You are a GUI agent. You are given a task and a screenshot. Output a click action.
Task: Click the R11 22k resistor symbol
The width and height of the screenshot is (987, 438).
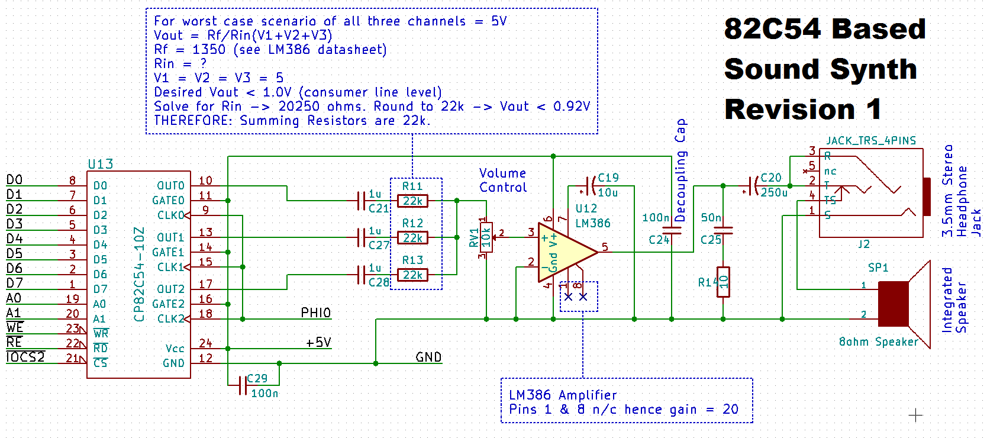tap(412, 201)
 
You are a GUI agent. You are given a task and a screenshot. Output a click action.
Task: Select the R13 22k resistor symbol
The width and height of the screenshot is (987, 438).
tap(412, 275)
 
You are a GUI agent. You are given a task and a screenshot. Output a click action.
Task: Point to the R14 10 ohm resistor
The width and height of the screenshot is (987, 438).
tap(723, 282)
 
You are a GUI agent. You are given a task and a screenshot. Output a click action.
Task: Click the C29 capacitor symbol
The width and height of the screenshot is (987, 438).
tap(242, 386)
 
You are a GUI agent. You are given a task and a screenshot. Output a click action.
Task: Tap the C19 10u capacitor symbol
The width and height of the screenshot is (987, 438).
tap(589, 186)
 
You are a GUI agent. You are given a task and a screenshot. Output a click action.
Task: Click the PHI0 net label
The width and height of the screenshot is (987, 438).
tap(315, 313)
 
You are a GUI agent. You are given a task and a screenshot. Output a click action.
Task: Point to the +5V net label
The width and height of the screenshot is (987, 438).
tap(318, 343)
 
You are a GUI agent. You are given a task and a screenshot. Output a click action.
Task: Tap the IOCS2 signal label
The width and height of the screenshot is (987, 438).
tap(25, 358)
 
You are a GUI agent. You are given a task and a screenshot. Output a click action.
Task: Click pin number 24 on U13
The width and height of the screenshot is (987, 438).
tap(205, 343)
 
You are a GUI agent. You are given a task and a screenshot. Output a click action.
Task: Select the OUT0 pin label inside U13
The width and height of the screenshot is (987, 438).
tap(170, 186)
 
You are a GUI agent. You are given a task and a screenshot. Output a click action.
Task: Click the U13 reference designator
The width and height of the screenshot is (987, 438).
tap(101, 164)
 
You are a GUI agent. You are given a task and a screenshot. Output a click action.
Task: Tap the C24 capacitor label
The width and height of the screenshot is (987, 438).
tap(659, 240)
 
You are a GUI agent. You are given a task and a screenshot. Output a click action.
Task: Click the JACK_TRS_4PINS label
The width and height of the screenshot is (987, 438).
tap(871, 141)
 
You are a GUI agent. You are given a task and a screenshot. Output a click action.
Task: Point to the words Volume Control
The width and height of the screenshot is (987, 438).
tap(503, 181)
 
